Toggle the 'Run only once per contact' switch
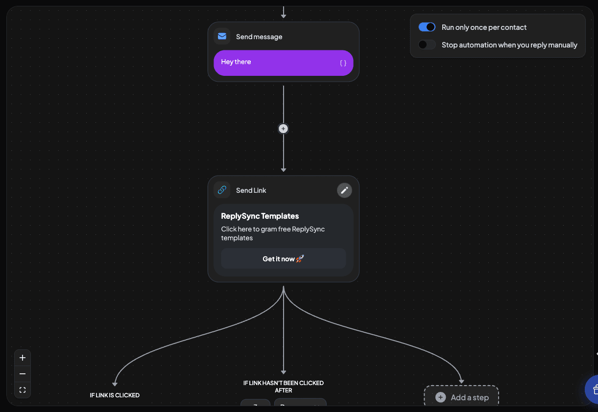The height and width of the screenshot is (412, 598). pyautogui.click(x=427, y=27)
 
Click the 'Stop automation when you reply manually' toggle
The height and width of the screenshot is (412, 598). pyautogui.click(x=427, y=45)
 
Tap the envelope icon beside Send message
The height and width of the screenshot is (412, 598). pyautogui.click(x=222, y=37)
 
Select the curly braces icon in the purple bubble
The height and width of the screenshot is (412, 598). pyautogui.click(x=343, y=63)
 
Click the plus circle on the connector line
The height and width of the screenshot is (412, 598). pyautogui.click(x=283, y=129)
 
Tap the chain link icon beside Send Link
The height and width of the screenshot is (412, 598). pyautogui.click(x=222, y=190)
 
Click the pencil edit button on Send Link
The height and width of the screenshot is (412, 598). pyautogui.click(x=344, y=190)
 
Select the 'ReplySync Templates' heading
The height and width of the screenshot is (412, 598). pyautogui.click(x=260, y=216)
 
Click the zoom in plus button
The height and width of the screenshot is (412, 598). pyautogui.click(x=23, y=358)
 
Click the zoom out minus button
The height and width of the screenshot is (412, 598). pyautogui.click(x=23, y=374)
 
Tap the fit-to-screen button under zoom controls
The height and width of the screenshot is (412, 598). pyautogui.click(x=23, y=390)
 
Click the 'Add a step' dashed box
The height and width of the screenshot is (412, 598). pyautogui.click(x=461, y=397)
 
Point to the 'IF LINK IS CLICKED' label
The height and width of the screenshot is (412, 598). pyautogui.click(x=115, y=395)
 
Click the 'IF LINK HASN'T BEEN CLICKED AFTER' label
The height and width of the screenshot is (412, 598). pyautogui.click(x=283, y=387)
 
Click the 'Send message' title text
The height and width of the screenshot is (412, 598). pyautogui.click(x=259, y=37)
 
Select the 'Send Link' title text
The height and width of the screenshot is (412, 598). pyautogui.click(x=251, y=190)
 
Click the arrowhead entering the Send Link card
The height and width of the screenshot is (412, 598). pyautogui.click(x=283, y=169)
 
